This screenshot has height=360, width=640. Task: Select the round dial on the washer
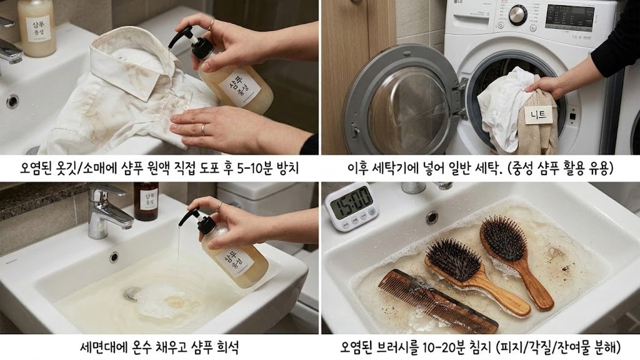click(518, 15)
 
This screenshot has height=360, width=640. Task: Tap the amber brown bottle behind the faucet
click(146, 201)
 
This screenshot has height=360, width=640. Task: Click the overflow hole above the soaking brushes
click(431, 218)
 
